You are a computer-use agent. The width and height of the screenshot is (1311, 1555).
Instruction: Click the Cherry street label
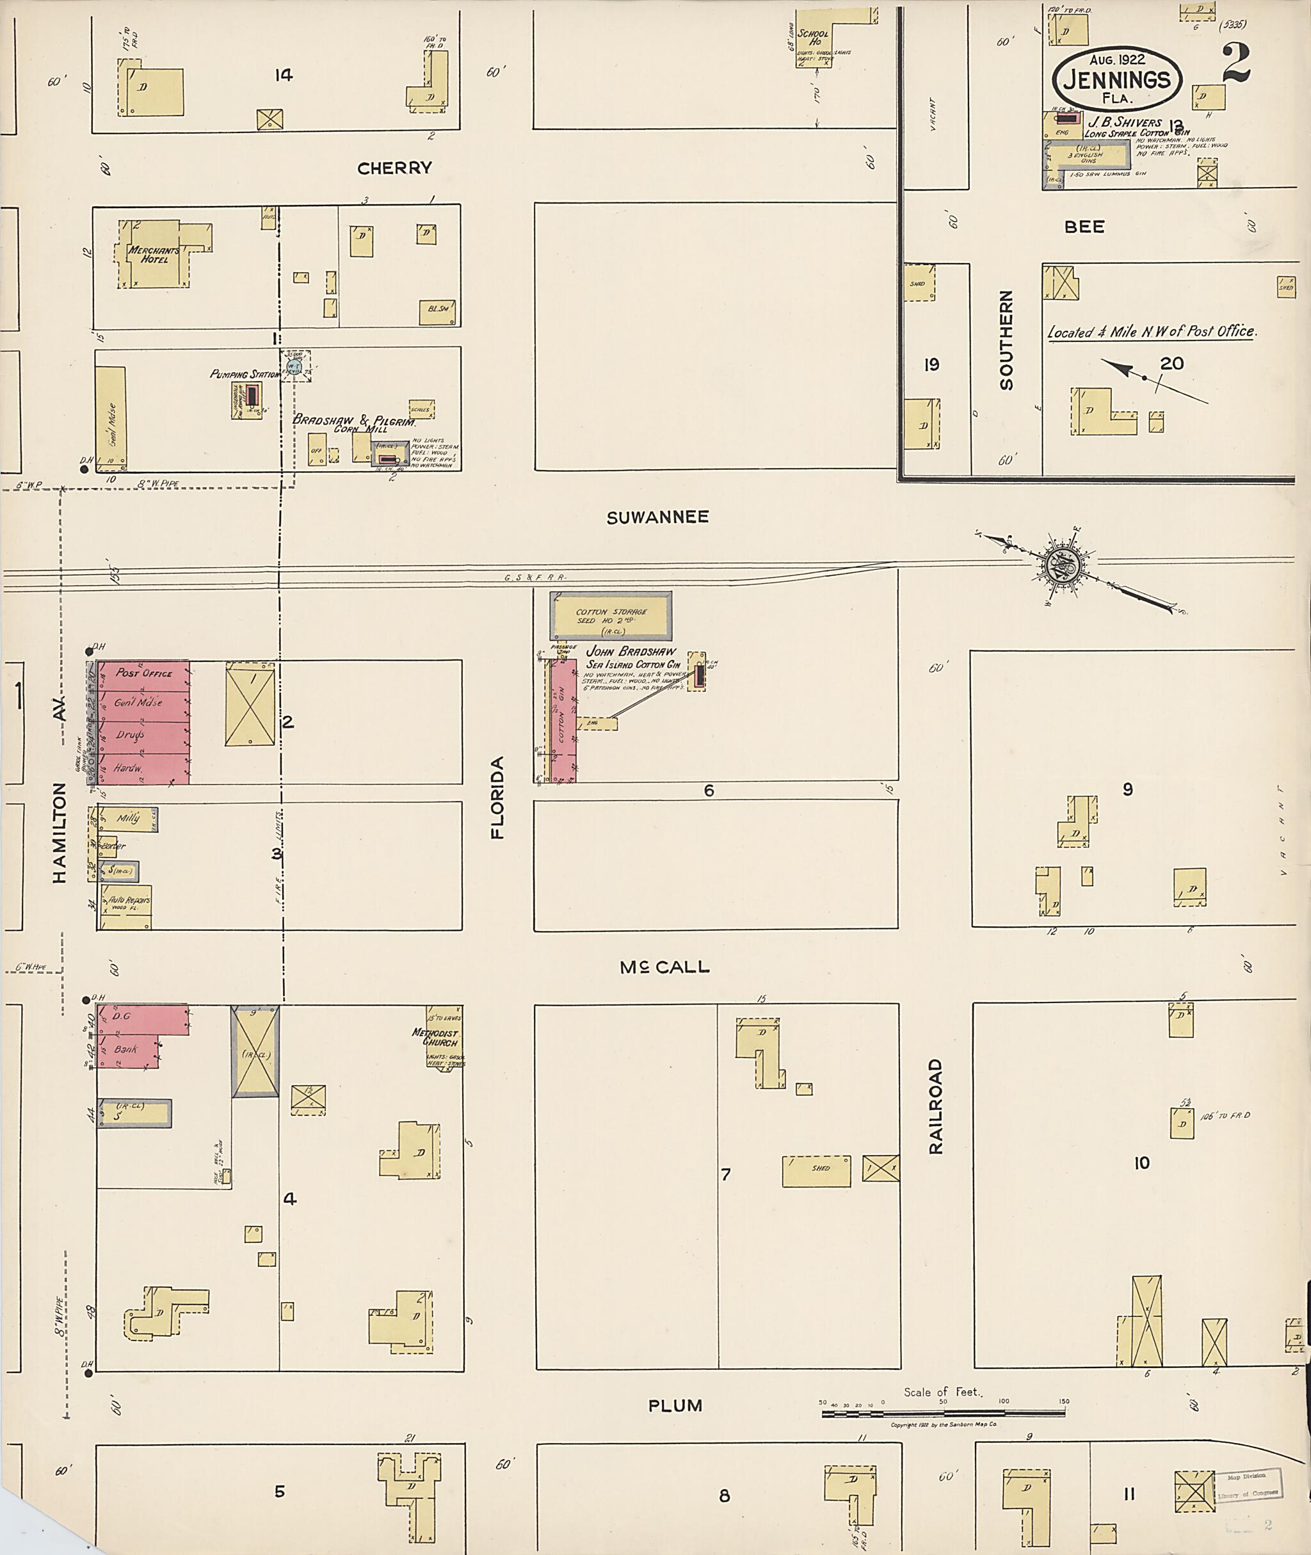coord(394,168)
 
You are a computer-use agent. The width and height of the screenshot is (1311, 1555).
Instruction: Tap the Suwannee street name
coord(657,517)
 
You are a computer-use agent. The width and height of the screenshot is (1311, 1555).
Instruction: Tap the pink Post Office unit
coord(143,673)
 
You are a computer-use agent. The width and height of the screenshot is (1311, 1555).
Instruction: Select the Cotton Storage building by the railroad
coord(611,615)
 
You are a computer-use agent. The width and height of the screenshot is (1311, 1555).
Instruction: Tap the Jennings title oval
coord(1116,80)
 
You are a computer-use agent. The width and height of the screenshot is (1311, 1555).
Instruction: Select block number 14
coord(283,75)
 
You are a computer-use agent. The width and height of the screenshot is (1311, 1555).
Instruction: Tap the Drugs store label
coord(129,735)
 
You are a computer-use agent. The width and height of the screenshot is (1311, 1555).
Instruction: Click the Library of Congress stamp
coord(1248,1487)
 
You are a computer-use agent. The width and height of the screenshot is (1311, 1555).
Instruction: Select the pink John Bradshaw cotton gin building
coord(563,720)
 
